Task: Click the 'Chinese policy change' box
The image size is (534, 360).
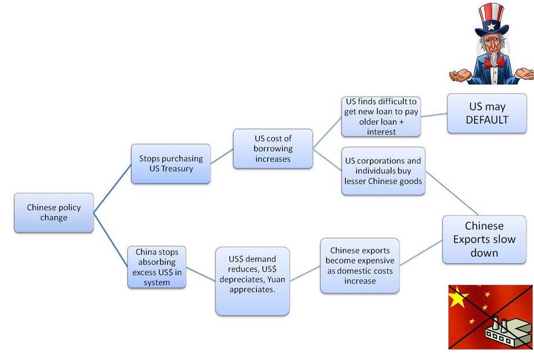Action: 54,212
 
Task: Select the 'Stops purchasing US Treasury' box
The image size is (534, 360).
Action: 170,164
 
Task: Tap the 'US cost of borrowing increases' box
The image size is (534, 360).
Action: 272,149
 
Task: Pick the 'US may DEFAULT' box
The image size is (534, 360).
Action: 487,113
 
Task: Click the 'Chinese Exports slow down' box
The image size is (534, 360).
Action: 484,239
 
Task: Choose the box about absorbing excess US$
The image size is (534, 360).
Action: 157,267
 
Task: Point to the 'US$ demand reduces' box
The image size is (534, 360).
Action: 252,281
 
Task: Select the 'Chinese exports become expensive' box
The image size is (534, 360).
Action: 360,266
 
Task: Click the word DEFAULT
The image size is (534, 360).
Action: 487,120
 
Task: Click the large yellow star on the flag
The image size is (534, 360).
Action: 459,297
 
